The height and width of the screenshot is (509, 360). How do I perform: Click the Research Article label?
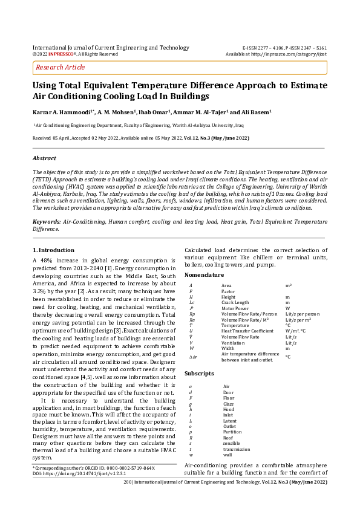61,68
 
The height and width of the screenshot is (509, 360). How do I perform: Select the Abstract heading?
44,158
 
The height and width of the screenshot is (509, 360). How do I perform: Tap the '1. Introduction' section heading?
53,250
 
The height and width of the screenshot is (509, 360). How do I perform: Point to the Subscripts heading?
200,374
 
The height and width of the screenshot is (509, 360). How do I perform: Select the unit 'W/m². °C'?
296,331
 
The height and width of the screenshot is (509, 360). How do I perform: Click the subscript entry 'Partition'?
232,432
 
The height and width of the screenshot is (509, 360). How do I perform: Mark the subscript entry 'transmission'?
237,449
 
